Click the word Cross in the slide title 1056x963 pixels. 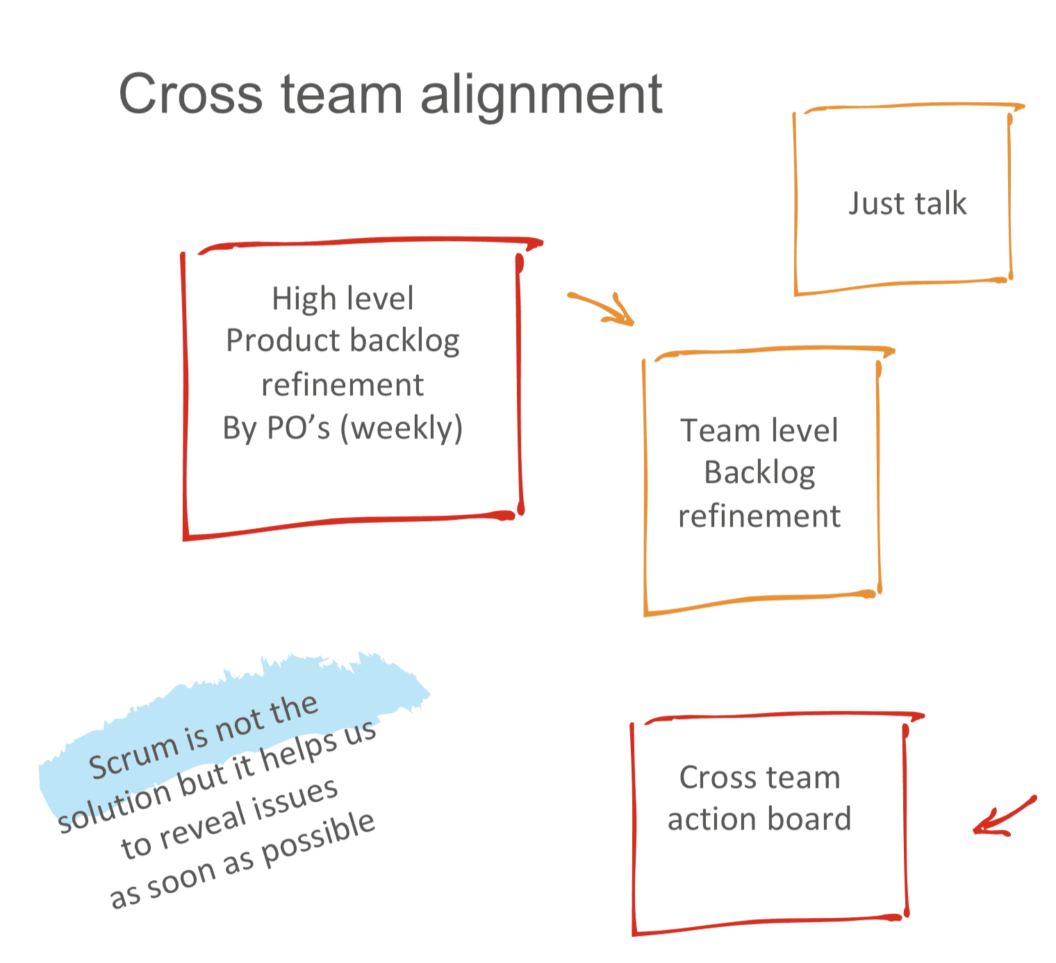pyautogui.click(x=190, y=94)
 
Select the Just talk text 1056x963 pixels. pyautogui.click(x=907, y=204)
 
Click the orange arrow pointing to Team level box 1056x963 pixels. pyautogui.click(x=603, y=308)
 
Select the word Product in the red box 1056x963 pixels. pyautogui.click(x=282, y=340)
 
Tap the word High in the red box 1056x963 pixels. pyautogui.click(x=294, y=299)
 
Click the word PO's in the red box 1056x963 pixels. pyautogui.click(x=298, y=428)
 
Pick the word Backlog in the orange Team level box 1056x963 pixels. pyautogui.click(x=759, y=473)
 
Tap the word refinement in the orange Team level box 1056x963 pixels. pyautogui.click(x=759, y=516)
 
